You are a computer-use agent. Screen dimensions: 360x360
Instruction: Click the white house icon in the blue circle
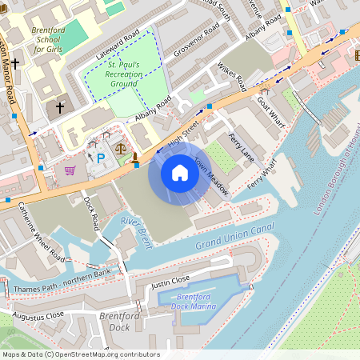click(180, 172)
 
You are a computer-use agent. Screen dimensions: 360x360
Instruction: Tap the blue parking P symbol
click(101, 158)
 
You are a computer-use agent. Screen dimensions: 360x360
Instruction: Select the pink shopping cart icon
click(70, 170)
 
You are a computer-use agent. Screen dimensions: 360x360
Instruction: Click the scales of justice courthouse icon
click(121, 147)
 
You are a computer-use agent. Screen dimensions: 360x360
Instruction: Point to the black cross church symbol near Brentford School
click(60, 106)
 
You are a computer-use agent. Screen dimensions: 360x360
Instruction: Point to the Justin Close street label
click(171, 281)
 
